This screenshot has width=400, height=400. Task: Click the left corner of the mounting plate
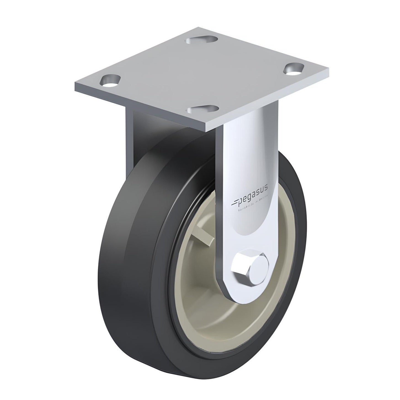coord(76,91)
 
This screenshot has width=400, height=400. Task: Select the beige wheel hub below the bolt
coord(234,326)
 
